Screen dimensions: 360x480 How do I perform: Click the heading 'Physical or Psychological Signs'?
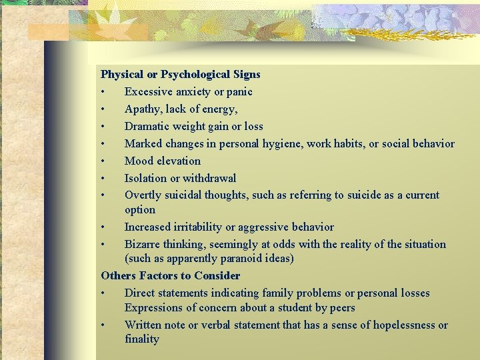point(180,75)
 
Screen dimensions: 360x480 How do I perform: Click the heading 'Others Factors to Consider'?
point(170,276)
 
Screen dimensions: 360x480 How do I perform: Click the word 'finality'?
point(142,339)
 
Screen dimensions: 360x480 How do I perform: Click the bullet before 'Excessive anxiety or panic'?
point(103,92)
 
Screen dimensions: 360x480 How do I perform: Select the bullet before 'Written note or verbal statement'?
point(103,325)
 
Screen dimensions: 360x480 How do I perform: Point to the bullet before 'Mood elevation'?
point(103,161)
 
